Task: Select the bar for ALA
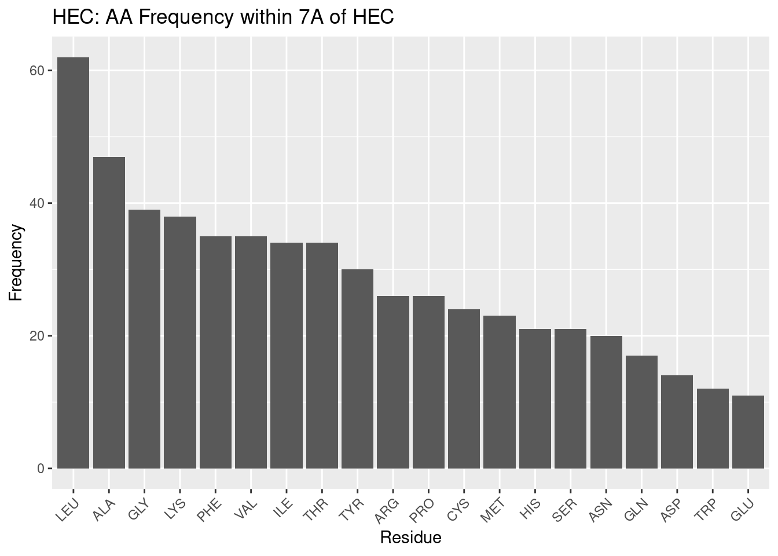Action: pos(109,312)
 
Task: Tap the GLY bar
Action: pos(144,339)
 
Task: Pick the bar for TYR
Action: pos(357,368)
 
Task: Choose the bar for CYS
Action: pos(464,389)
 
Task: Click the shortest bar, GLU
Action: pos(748,431)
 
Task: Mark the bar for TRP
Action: pos(713,428)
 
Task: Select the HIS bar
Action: pos(535,398)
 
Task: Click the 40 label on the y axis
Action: pos(37,203)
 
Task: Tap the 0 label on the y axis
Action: pos(41,469)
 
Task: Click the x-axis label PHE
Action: pos(210,509)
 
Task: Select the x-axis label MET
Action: pos(494,509)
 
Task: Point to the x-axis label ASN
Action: pos(601,509)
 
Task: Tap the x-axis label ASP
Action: pos(672,509)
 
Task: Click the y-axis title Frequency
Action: pos(16,262)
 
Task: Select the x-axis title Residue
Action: pos(410,538)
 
